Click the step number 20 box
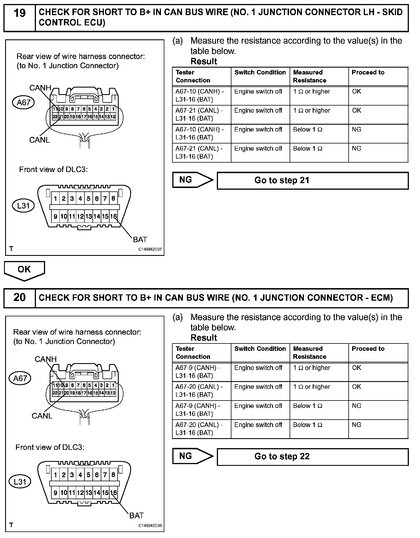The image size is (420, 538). [x=19, y=298]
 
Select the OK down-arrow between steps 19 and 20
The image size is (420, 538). [x=24, y=270]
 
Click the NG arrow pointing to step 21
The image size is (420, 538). [x=192, y=180]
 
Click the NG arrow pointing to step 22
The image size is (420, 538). [x=192, y=456]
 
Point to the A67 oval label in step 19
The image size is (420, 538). [x=23, y=102]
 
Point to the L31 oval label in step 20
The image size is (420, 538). [x=20, y=482]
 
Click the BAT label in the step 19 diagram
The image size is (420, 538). [x=140, y=239]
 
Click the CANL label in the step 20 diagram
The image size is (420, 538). [x=42, y=416]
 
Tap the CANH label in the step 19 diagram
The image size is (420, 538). [x=40, y=88]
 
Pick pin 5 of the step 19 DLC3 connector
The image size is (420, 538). [x=88, y=199]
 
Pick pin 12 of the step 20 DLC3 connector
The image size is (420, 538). [x=80, y=493]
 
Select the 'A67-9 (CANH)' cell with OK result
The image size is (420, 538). [x=201, y=372]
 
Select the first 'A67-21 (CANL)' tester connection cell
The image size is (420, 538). [x=201, y=114]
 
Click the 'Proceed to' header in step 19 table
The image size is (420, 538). [x=368, y=72]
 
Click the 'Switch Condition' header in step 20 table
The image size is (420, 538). [x=260, y=349]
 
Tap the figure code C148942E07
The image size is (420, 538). [x=150, y=249]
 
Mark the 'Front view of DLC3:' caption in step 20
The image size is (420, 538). [x=50, y=447]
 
